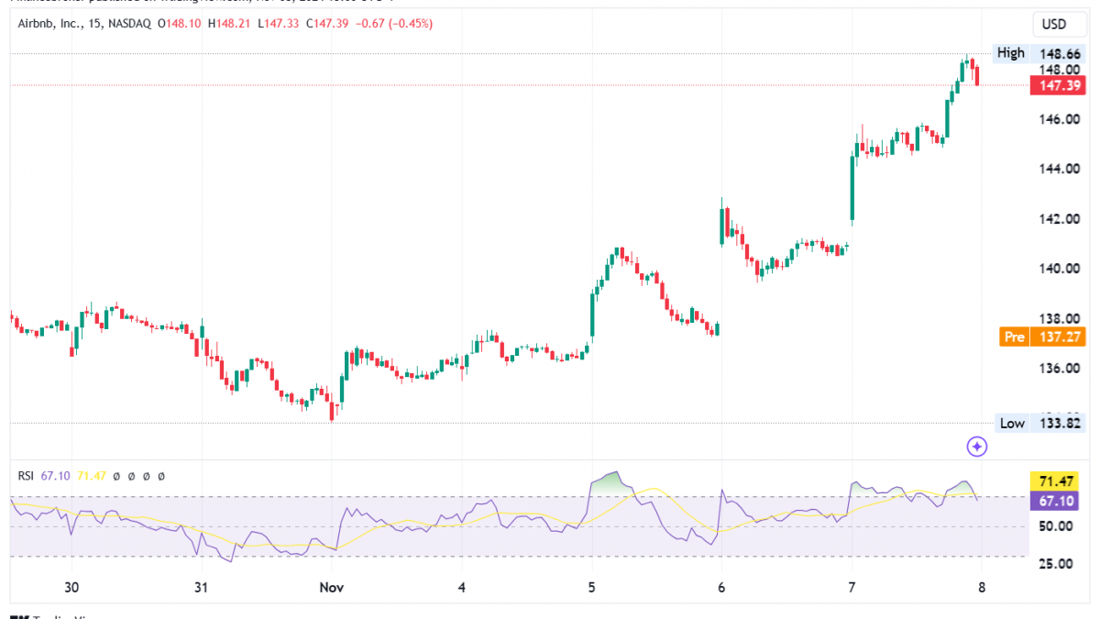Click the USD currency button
(1056, 23)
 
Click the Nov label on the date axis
(330, 587)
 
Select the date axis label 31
(202, 587)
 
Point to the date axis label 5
(591, 587)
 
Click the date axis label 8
(982, 587)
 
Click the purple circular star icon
(977, 447)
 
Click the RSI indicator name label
(26, 476)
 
